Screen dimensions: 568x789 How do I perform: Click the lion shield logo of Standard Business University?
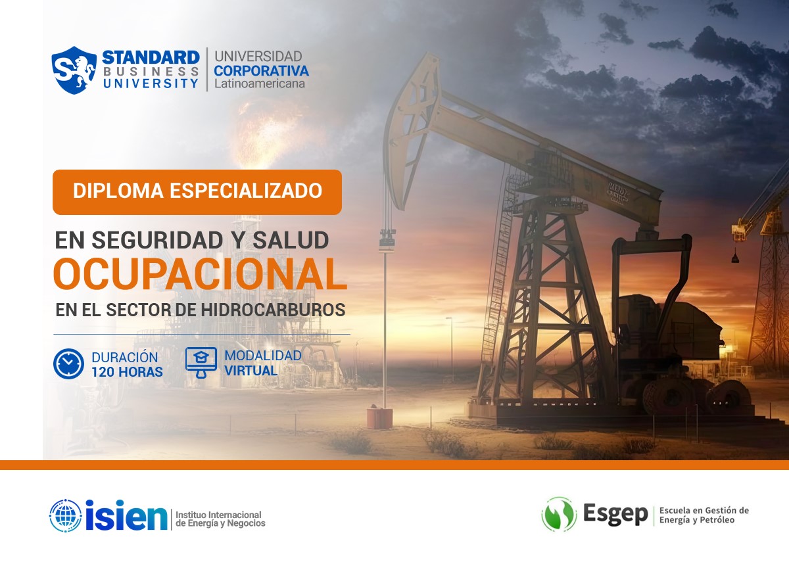pos(74,70)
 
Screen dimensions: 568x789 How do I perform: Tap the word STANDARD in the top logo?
pos(151,57)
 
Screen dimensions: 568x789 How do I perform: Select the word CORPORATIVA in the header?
pos(261,70)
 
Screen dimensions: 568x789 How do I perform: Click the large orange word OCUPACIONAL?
pos(200,275)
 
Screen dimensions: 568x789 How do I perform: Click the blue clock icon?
pos(68,364)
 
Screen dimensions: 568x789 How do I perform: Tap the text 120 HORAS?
pos(127,372)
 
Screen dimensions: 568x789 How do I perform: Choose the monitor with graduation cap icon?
pos(201,362)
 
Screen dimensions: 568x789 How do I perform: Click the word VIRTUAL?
pos(251,371)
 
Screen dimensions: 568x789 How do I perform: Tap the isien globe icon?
pos(66,516)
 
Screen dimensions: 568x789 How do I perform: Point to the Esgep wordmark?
pos(615,514)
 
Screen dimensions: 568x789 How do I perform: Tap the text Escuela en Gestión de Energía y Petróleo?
pos(704,515)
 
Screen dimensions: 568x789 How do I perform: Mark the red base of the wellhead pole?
pos(379,418)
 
